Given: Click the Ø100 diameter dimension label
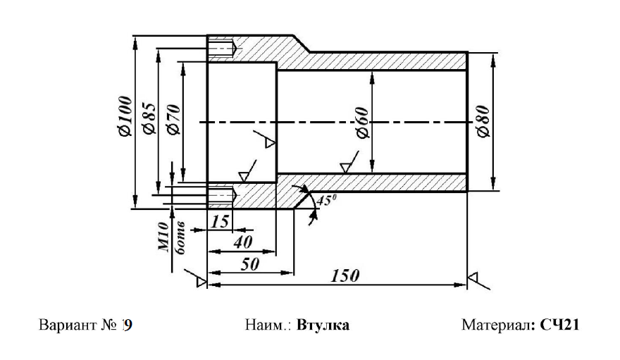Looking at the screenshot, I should [125, 117].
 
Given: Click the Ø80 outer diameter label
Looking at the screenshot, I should [483, 122].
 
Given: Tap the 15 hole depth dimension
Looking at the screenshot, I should [220, 221].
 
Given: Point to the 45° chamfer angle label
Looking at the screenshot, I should [325, 200].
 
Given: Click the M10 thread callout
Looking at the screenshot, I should [163, 235].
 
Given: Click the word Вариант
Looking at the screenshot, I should [63, 325].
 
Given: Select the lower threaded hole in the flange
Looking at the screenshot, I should [223, 193].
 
